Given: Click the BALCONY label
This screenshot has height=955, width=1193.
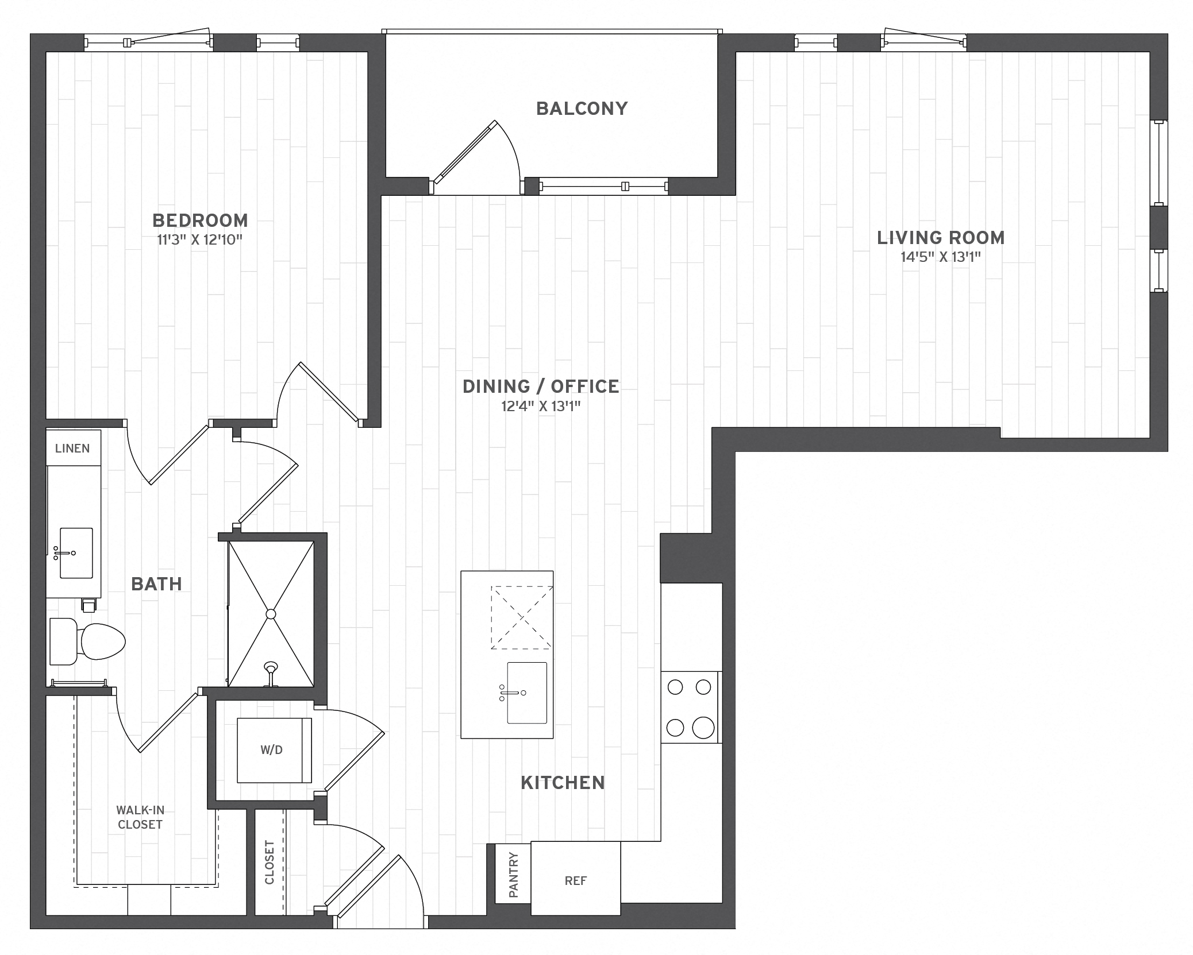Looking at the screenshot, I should [582, 109].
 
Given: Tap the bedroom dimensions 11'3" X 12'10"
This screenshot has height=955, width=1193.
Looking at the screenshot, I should [199, 240].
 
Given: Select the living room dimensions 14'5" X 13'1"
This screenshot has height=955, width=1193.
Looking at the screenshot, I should [940, 257].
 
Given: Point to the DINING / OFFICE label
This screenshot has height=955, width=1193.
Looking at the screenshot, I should [541, 386].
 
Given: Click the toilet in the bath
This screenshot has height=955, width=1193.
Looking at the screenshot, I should [92, 641].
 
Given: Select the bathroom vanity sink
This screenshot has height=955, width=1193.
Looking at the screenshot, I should [76, 553].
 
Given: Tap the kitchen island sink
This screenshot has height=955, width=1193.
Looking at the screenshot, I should [526, 693].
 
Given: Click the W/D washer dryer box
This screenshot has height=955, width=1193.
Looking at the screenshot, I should [272, 750].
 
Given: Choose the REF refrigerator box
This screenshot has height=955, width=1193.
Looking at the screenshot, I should [575, 881].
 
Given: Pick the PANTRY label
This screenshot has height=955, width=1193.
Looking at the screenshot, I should [513, 875].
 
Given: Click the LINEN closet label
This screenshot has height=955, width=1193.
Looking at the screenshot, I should [72, 448].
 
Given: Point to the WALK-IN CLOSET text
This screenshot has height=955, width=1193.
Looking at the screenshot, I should [140, 817].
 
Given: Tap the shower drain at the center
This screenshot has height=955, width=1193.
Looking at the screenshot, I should [271, 614].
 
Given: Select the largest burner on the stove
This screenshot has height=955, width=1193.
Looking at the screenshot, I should [703, 728].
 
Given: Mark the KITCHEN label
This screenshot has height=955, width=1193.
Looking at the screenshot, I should [563, 783].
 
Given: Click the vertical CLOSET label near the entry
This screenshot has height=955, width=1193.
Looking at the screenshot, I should [270, 862].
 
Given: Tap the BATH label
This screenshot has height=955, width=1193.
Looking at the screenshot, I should [156, 584].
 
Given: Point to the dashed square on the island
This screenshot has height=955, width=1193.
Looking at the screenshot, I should [521, 617].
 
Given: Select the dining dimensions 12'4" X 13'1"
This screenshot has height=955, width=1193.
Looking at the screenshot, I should [541, 407].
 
